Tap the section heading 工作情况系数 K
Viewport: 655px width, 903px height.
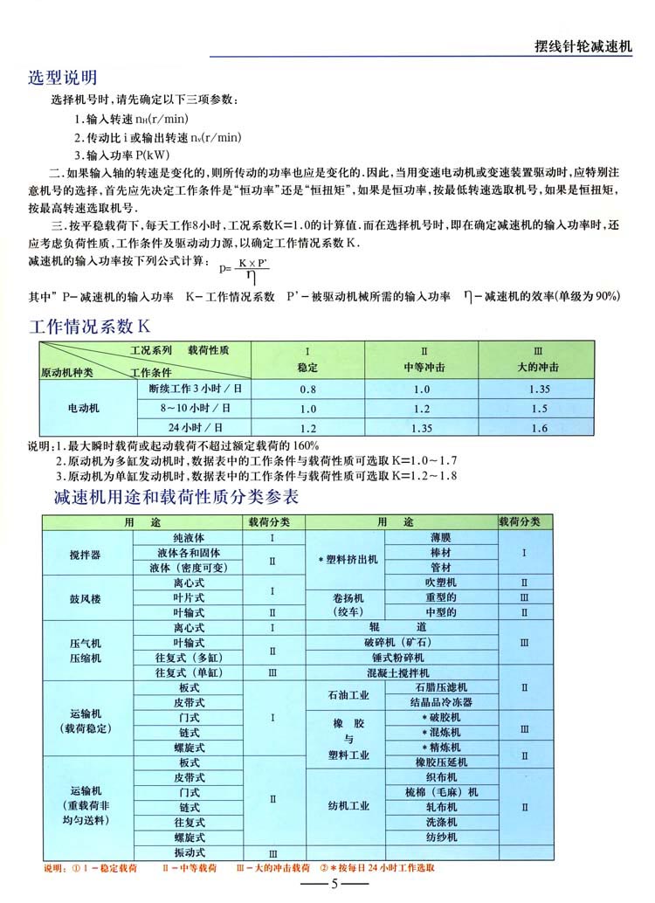91,327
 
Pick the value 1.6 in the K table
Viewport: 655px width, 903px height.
539,428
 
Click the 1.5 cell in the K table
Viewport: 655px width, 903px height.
539,408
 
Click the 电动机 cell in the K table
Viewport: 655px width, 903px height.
85,408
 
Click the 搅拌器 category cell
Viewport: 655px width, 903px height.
85,555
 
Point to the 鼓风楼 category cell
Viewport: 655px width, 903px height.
85,598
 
